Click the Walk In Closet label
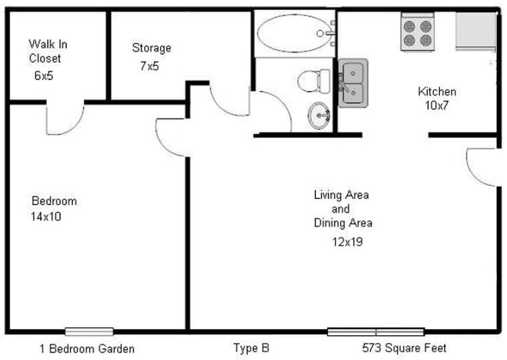pyautogui.click(x=48, y=51)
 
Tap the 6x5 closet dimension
pyautogui.click(x=44, y=76)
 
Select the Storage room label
pyautogui.click(x=151, y=48)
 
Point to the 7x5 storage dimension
pyautogui.click(x=149, y=66)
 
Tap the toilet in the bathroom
pyautogui.click(x=314, y=80)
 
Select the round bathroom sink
pyautogui.click(x=319, y=116)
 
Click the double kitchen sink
pyautogui.click(x=352, y=82)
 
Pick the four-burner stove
pyautogui.click(x=417, y=33)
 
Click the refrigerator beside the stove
pyautogui.click(x=476, y=31)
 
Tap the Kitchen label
pyautogui.click(x=437, y=92)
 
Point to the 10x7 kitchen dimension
pyautogui.click(x=437, y=106)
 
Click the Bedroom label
pyautogui.click(x=54, y=201)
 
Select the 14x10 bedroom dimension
pyautogui.click(x=46, y=217)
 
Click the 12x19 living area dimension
pyautogui.click(x=347, y=242)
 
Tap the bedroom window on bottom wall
pyautogui.click(x=89, y=331)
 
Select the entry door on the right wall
pyautogui.click(x=482, y=167)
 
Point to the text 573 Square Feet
pyautogui.click(x=404, y=348)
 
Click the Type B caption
pyautogui.click(x=251, y=348)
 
